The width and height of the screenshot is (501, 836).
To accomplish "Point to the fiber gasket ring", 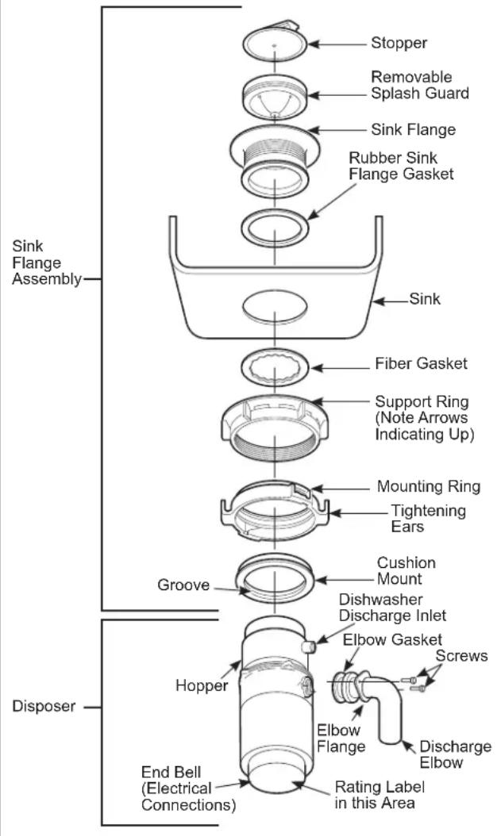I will click(x=274, y=367).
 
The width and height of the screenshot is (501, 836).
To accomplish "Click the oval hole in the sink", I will click(x=274, y=305).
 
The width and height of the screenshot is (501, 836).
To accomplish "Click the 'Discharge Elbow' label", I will click(x=455, y=754).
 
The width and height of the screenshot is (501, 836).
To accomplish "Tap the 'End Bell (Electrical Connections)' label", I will click(x=188, y=789).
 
